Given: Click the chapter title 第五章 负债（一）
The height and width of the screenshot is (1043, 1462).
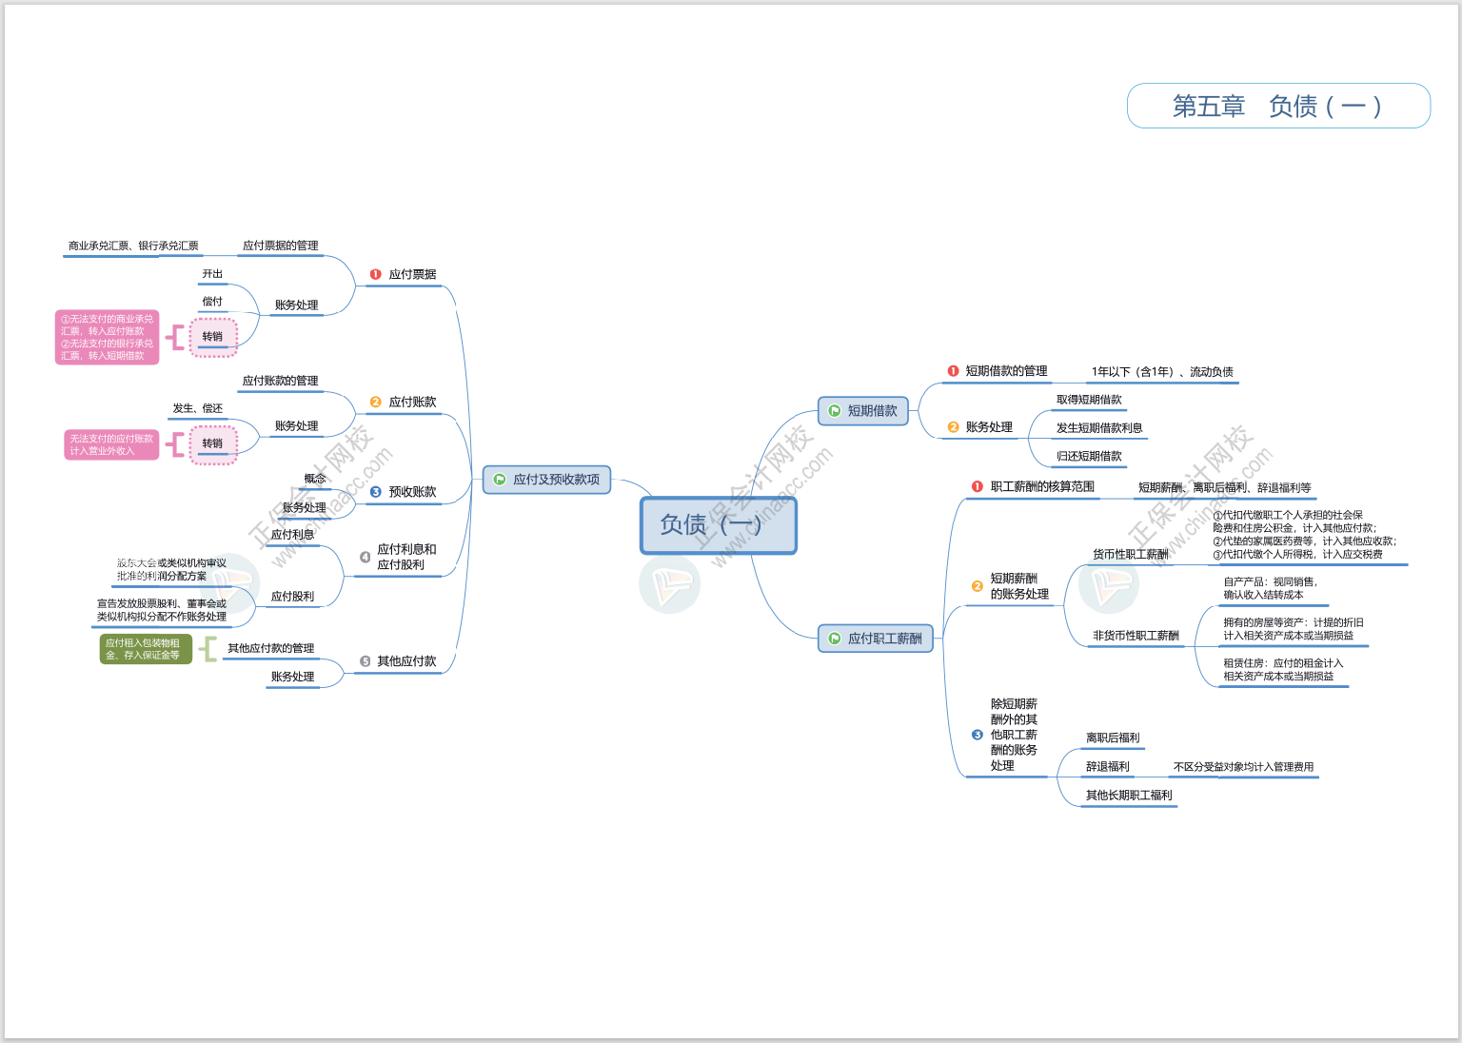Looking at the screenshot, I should pos(1277,106).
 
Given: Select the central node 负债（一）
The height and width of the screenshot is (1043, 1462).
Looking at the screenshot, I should pos(718,524).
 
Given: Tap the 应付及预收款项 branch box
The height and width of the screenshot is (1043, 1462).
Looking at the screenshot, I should pos(547,480).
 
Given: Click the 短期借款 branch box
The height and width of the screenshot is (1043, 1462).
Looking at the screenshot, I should pos(863,411).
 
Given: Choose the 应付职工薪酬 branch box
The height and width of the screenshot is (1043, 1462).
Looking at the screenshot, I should pos(876,639).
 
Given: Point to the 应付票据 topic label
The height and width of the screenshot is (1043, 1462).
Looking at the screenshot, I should pos(412,274).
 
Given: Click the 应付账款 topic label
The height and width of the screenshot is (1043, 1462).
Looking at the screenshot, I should pos(412,402).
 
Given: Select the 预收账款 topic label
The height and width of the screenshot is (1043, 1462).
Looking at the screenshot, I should pos(412,492).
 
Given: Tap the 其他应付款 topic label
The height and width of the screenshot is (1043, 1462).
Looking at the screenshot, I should pos(406,661).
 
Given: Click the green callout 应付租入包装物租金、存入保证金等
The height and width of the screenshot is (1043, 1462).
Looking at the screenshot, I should pos(146,649).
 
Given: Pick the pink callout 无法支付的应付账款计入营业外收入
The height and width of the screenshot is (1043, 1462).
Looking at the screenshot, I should pos(111,444).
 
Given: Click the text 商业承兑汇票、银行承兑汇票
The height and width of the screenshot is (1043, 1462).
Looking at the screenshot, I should pos(133,246).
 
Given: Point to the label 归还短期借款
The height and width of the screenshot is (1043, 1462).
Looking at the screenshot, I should pos(1089,456).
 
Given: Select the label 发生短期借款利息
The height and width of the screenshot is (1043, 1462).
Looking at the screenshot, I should pos(1099,428).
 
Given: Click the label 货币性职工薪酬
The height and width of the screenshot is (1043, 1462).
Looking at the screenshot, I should pos(1130,554).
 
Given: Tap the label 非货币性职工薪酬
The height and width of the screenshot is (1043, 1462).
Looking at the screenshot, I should pos(1136,636).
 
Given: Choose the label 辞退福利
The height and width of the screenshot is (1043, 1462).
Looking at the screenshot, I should pos(1108,766).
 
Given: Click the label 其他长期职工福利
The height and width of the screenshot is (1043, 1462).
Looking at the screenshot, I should pos(1129,796).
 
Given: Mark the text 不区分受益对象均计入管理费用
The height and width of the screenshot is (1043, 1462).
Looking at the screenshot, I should pos(1243,766).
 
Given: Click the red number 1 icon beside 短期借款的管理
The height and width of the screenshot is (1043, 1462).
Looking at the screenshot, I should pos(953,371).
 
